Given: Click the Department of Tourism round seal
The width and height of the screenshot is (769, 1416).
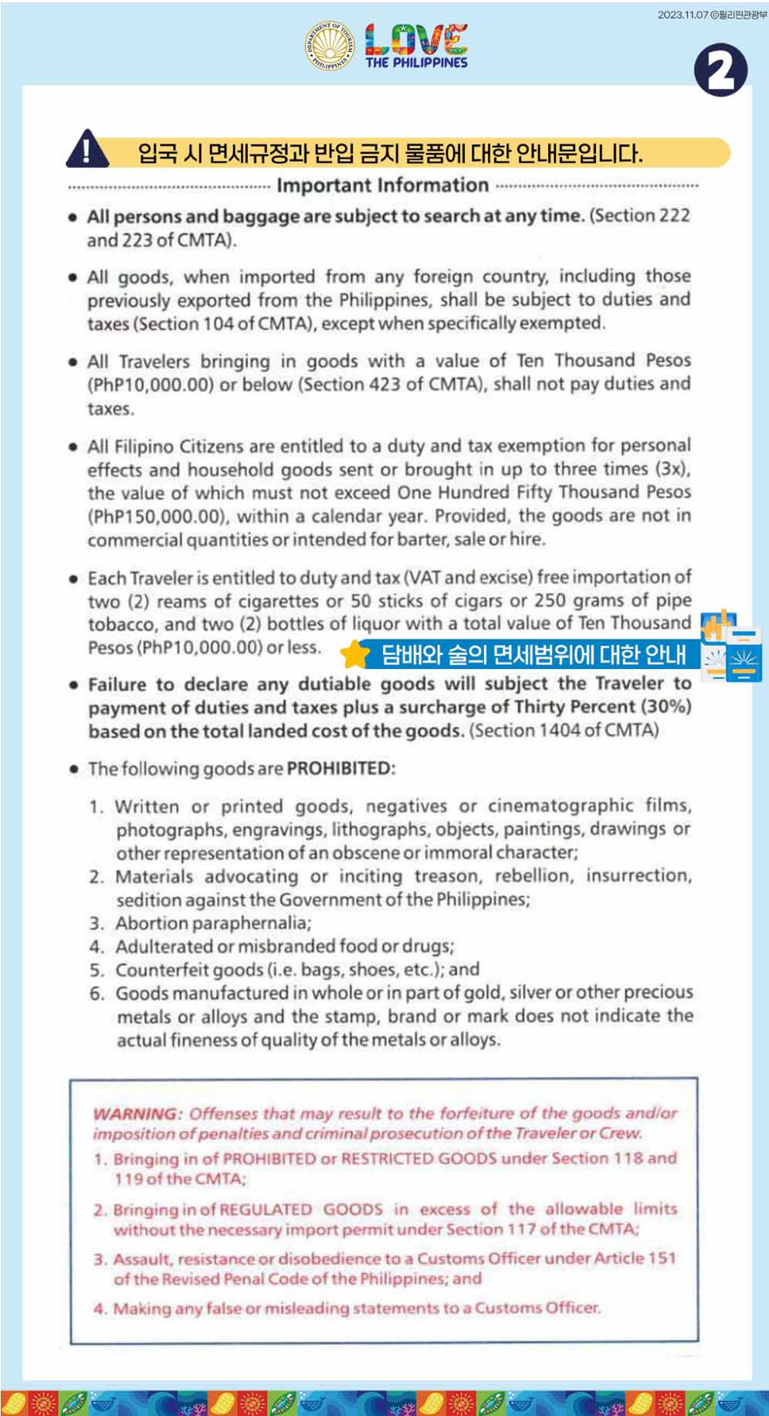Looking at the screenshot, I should coord(330,47).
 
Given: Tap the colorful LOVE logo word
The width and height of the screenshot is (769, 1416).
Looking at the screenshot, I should coord(416,39).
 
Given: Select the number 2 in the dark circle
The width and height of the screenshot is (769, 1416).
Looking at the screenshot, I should coord(720,70).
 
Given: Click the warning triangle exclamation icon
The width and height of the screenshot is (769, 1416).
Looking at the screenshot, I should coord(86,149).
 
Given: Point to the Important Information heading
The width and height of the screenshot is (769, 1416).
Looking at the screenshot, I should coord(382,185).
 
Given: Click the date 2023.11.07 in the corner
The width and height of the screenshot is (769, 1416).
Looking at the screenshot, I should coord(683,15).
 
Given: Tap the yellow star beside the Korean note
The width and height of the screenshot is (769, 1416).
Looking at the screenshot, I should coord(355,654).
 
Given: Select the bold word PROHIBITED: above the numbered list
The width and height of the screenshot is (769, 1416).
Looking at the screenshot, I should coord(340,769).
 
